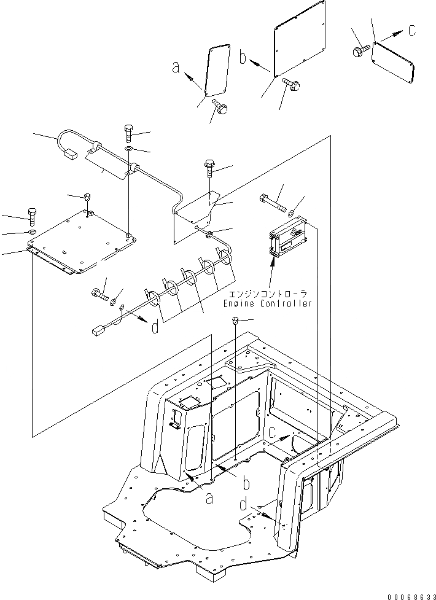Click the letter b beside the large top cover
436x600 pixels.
point(243,58)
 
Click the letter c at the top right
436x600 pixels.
point(412,29)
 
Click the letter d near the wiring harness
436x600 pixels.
point(154,327)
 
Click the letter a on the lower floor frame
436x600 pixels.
point(209,499)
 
